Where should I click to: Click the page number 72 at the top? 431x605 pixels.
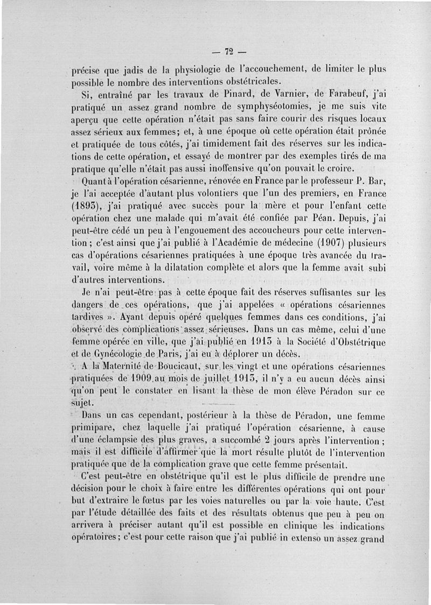(x=229, y=52)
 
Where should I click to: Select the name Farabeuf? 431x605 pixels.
(x=335, y=96)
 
